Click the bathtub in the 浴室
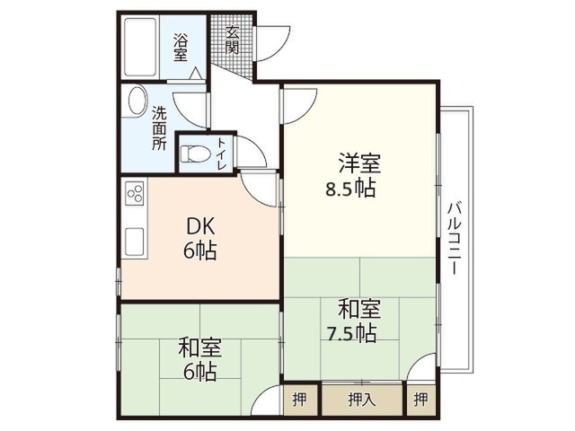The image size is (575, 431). click(140, 47)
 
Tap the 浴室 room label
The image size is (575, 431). click(181, 48)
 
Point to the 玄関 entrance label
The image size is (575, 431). click(232, 40)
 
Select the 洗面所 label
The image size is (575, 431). click(160, 128)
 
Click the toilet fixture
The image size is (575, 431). click(196, 154)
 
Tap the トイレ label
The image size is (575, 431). click(222, 154)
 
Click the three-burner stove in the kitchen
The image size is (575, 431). click(135, 193)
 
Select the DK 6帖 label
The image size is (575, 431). click(200, 238)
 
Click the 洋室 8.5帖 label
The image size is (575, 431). click(353, 176)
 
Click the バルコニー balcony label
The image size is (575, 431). click(454, 237)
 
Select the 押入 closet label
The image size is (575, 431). click(362, 399)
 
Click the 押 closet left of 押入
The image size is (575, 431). click(299, 399)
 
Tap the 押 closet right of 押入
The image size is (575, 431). click(420, 399)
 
